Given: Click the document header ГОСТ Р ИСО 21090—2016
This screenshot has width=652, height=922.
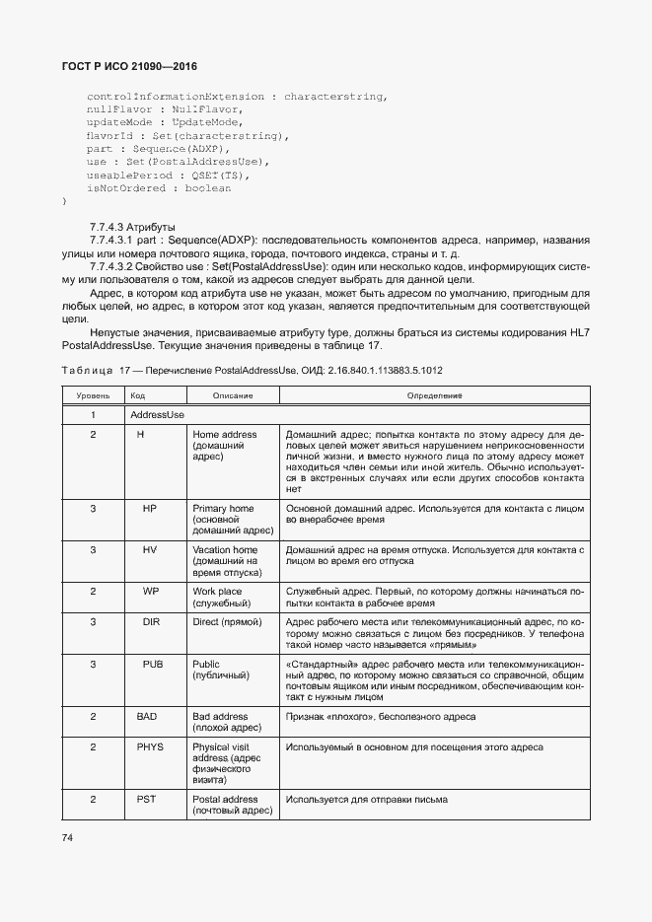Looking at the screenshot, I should (129, 66).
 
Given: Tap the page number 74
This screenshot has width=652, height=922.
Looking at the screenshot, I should (68, 837).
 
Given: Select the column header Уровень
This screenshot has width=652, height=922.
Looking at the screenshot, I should (93, 394).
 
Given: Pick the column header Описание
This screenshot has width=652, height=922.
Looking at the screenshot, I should (233, 394).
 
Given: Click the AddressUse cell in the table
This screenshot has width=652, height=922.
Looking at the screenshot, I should (158, 415).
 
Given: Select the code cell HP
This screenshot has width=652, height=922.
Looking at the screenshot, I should (150, 509).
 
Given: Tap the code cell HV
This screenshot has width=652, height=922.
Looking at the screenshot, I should (150, 549).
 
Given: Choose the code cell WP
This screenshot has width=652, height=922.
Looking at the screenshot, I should (150, 591).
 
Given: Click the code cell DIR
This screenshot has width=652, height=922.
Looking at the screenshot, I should (151, 623).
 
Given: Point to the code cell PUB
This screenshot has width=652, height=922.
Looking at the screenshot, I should (152, 665).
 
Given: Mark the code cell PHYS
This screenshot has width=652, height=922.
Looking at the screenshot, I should (150, 747).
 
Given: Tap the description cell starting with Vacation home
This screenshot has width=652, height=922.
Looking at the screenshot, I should (226, 560).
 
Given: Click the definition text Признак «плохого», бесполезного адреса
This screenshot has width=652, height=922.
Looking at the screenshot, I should (381, 717).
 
